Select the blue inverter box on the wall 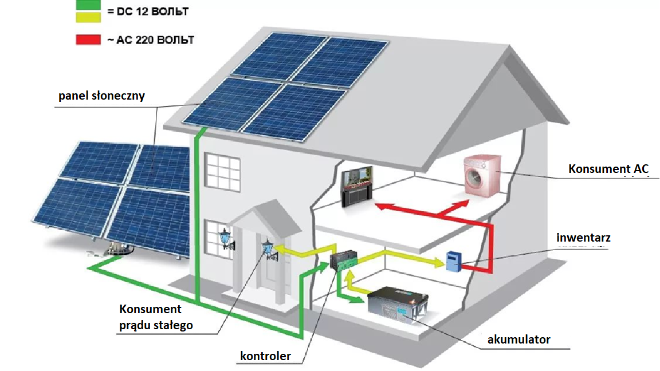(x=454, y=261)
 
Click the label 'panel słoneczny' (x=101, y=96)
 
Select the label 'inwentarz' (x=583, y=237)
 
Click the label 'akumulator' (x=518, y=340)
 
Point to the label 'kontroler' (x=265, y=356)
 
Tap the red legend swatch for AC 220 (x=89, y=40)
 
